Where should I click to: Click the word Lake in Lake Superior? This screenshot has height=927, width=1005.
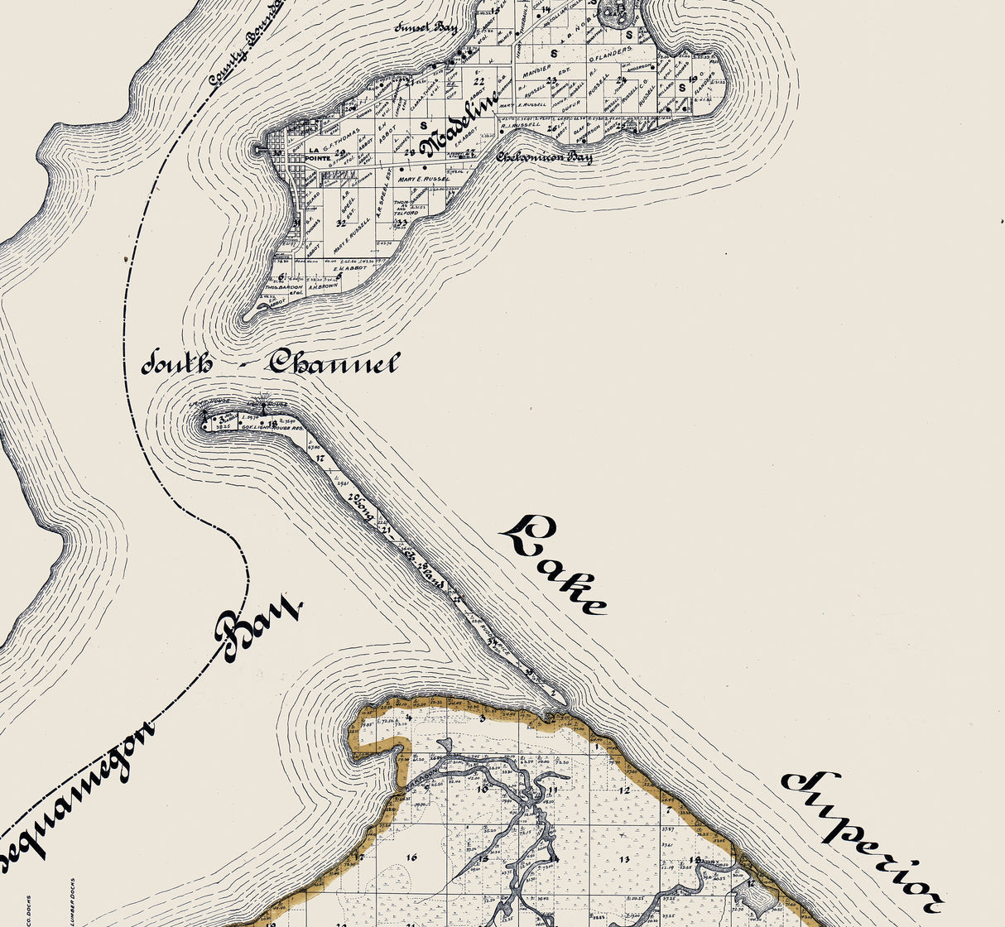pyautogui.click(x=552, y=565)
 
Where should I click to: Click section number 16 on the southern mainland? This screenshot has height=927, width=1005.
pyautogui.click(x=411, y=857)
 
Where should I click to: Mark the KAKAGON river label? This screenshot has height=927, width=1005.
pyautogui.click(x=421, y=774)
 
